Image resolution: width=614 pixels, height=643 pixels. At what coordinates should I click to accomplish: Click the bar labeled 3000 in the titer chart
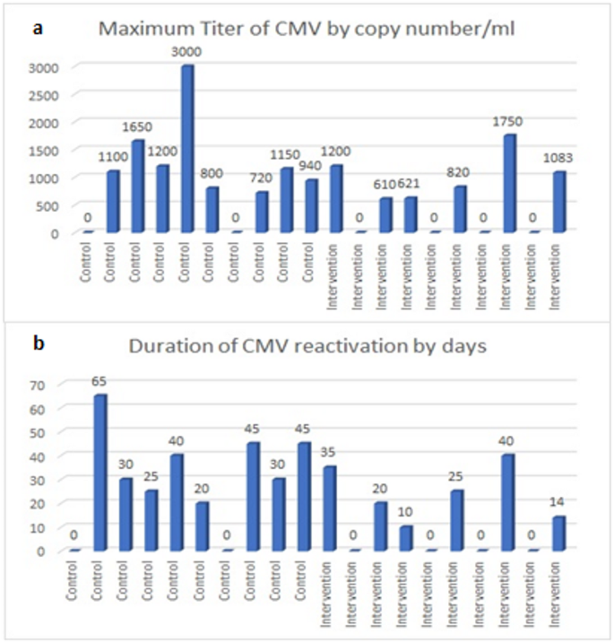187,149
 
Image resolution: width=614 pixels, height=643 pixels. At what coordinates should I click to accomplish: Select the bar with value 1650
137,187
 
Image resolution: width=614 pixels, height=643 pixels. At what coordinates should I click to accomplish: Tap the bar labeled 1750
509,184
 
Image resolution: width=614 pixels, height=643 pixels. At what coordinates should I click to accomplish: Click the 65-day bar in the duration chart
100,473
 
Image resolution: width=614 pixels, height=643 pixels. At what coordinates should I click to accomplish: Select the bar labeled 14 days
558,534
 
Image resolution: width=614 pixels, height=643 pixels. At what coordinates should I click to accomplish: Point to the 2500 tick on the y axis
47,94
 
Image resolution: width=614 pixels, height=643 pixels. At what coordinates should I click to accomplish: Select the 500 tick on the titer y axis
50,205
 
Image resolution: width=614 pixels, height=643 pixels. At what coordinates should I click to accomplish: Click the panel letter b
38,343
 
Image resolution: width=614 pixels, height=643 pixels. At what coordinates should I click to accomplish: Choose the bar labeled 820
460,209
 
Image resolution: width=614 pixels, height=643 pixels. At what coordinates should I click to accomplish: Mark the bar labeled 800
212,210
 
